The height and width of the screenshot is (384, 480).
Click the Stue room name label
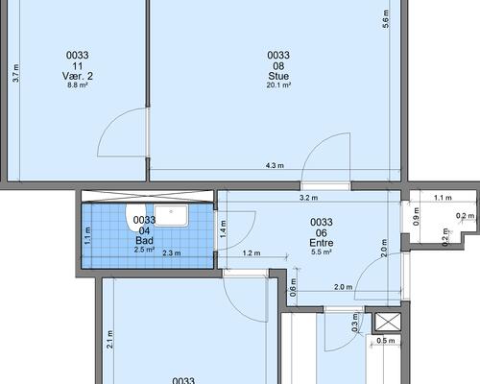[278, 76]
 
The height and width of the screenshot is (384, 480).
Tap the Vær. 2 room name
[78, 76]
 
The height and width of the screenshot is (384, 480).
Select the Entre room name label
[322, 243]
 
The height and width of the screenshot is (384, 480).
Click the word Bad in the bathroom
[144, 241]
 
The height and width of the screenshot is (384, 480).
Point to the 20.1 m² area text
[278, 85]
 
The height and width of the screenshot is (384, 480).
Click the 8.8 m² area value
[78, 85]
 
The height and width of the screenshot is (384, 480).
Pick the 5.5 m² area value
[322, 252]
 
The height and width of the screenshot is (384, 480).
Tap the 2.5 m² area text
[144, 250]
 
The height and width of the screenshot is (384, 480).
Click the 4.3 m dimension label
[275, 165]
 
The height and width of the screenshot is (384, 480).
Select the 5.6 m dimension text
[386, 19]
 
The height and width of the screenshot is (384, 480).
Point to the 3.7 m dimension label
[15, 73]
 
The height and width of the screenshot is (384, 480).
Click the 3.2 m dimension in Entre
[308, 198]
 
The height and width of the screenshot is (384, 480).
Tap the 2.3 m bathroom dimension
[172, 253]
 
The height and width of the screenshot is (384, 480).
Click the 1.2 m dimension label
[252, 253]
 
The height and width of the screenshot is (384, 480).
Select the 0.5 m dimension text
[386, 341]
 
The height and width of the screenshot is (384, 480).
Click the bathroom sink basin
[171, 216]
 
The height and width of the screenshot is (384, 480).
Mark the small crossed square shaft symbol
[388, 322]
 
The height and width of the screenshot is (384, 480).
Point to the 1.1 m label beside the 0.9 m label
[443, 198]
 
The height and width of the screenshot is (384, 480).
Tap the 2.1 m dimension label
[109, 340]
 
